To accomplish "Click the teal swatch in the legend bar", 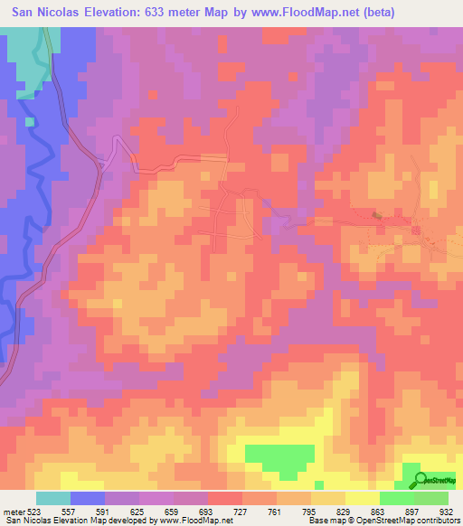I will pyautogui.click(x=53, y=498).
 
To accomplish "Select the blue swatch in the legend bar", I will pyautogui.click(x=88, y=498).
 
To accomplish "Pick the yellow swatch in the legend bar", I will pyautogui.click(x=362, y=498).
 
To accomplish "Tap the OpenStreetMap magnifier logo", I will pyautogui.click(x=420, y=481).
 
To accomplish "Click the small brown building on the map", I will pyautogui.click(x=376, y=214).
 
